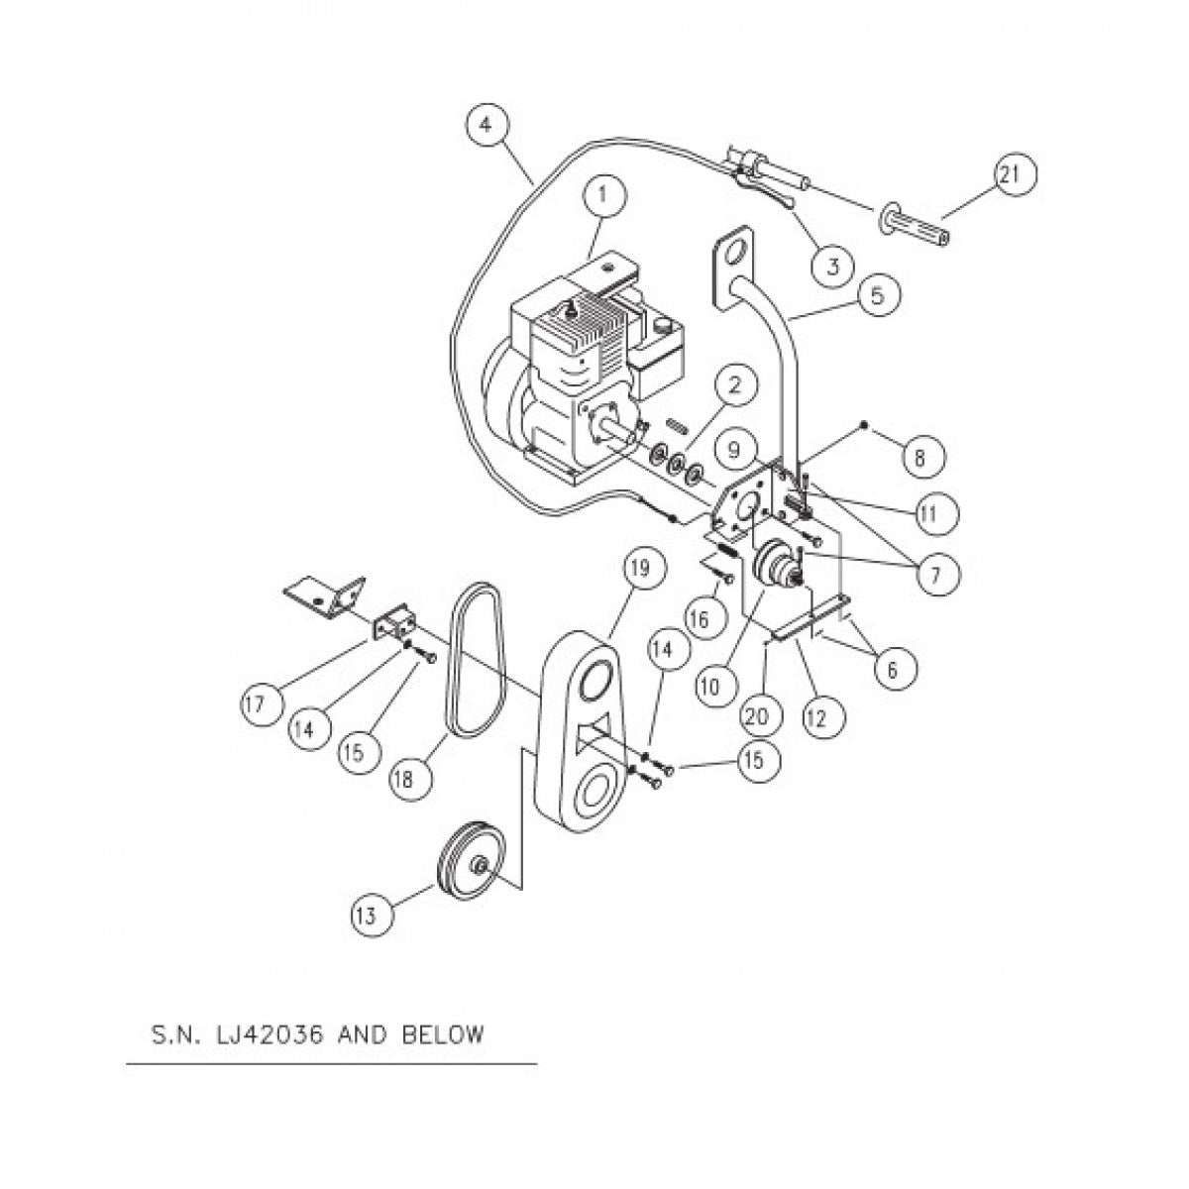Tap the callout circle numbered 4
486,126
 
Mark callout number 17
262,704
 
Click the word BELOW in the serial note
447,1035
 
